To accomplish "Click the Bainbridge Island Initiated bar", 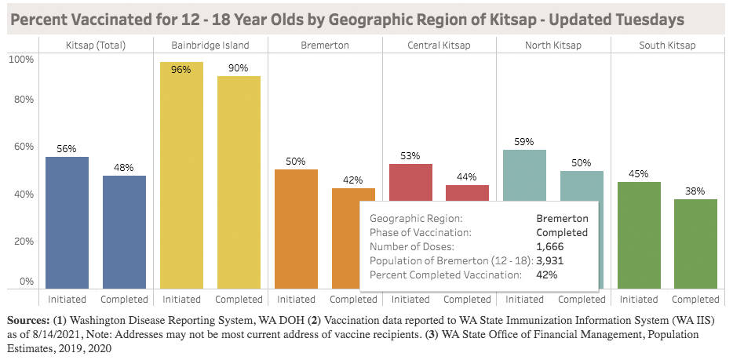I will [x=181, y=176].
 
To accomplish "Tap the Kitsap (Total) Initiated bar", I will [x=67, y=223].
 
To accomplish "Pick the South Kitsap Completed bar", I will [x=696, y=244].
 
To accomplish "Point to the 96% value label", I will [x=181, y=69].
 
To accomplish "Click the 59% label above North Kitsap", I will [x=524, y=142].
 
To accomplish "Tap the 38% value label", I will [x=695, y=191].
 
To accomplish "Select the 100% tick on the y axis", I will [x=21, y=60].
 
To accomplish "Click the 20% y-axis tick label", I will [x=24, y=241].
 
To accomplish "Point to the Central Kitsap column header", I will [x=439, y=45].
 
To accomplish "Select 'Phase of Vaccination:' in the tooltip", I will [x=420, y=232].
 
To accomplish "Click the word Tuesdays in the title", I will [x=649, y=19].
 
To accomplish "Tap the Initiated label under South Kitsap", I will [x=639, y=299].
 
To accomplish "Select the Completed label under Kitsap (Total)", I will [x=124, y=299].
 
